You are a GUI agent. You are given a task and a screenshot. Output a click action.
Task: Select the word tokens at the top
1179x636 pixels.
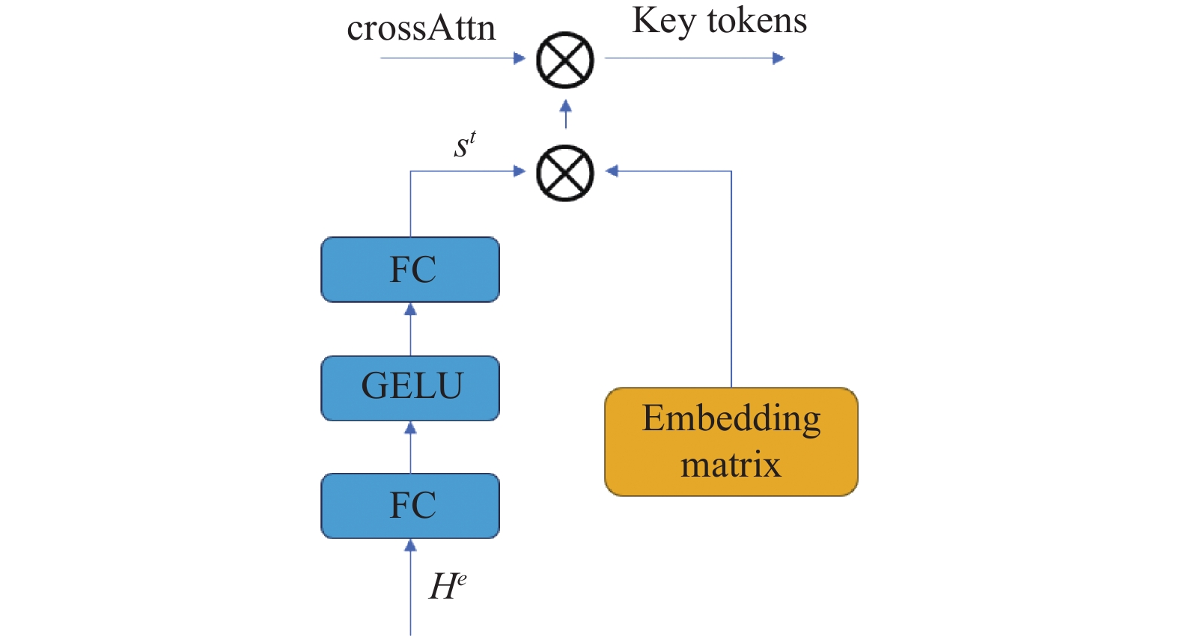pos(757,22)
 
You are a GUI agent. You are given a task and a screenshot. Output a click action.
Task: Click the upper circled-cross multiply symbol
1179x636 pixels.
pos(565,59)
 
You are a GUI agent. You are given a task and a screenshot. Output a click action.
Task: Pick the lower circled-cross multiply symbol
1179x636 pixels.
pos(565,173)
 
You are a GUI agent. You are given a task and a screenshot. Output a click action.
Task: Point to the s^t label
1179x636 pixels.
pos(465,144)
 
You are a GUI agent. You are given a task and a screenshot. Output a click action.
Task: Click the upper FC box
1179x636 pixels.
pos(410,269)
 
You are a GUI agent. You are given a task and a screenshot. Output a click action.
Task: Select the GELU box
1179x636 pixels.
pos(410,388)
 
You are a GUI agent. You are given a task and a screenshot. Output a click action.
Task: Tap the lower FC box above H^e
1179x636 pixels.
pos(410,506)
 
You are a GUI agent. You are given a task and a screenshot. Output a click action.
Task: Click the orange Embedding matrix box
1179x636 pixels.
pos(731,442)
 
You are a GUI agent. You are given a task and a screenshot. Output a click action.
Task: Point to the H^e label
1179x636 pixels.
pos(448,587)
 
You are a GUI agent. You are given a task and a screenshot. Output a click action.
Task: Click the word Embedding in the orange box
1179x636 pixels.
pos(731,420)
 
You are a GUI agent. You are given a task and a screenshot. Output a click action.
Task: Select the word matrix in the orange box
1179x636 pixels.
pos(731,465)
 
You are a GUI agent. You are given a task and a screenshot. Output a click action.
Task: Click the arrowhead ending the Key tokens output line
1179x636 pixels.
pos(779,58)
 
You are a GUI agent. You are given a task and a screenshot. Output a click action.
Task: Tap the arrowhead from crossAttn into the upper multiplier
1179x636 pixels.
pos(520,58)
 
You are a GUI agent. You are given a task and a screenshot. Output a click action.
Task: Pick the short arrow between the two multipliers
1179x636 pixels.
pos(565,114)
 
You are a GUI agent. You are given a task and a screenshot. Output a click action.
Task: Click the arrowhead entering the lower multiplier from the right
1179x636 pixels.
pos(612,171)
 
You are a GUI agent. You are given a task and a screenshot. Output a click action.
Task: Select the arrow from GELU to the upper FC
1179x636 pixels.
pos(410,329)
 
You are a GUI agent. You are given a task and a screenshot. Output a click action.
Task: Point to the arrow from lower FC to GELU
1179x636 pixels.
pos(410,447)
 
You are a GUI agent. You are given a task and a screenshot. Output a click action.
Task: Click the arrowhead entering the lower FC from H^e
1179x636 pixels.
pos(410,545)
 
